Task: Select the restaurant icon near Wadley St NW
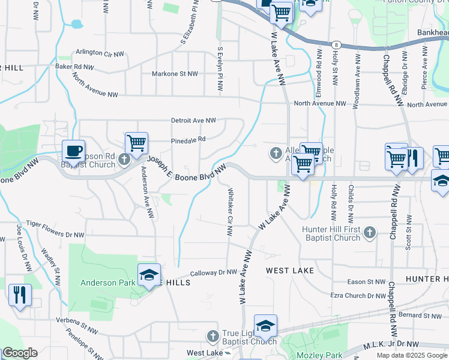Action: [x=20, y=295]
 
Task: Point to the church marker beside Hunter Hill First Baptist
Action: [x=369, y=232]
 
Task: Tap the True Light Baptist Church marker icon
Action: [x=212, y=337]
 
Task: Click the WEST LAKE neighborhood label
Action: [x=290, y=271]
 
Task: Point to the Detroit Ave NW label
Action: [x=193, y=121]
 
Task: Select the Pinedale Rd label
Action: [x=188, y=139]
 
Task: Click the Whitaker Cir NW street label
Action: [x=229, y=212]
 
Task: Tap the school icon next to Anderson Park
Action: [x=148, y=275]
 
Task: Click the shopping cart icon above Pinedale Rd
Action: [x=137, y=143]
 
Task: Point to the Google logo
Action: [x=20, y=353]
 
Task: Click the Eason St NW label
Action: [x=366, y=281]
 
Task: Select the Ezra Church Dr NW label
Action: [x=358, y=296]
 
